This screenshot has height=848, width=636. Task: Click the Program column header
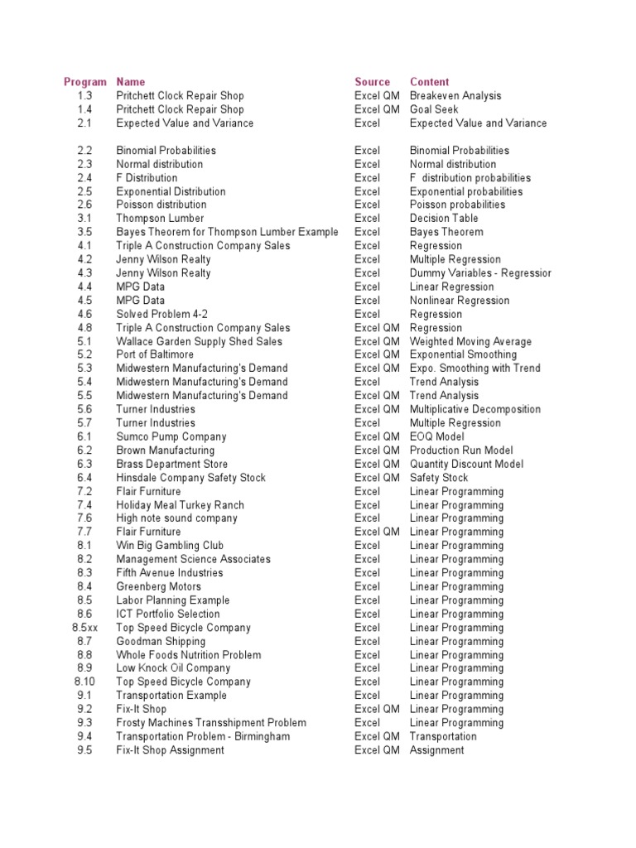[85, 82]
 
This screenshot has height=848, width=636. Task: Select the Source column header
[372, 82]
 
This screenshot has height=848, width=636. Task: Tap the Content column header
[429, 82]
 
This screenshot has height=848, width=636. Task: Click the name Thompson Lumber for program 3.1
[160, 219]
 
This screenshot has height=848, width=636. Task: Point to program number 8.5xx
[84, 628]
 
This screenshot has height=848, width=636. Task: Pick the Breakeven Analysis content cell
[455, 96]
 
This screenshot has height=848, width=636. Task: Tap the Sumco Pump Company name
[171, 436]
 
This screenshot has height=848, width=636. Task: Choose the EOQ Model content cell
[437, 436]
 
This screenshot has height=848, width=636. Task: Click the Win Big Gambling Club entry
[170, 546]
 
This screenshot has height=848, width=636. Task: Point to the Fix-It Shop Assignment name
[170, 750]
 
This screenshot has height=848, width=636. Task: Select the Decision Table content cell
[444, 219]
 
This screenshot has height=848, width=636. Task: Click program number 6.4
[84, 478]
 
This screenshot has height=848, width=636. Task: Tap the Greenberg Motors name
[158, 586]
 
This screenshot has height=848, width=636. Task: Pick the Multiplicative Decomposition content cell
[475, 409]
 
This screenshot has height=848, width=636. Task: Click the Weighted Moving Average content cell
[470, 341]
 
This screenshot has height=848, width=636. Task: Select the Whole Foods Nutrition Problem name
[188, 655]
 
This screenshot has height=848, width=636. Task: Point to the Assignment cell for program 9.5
[436, 750]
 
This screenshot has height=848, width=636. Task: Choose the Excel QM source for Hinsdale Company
[377, 478]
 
